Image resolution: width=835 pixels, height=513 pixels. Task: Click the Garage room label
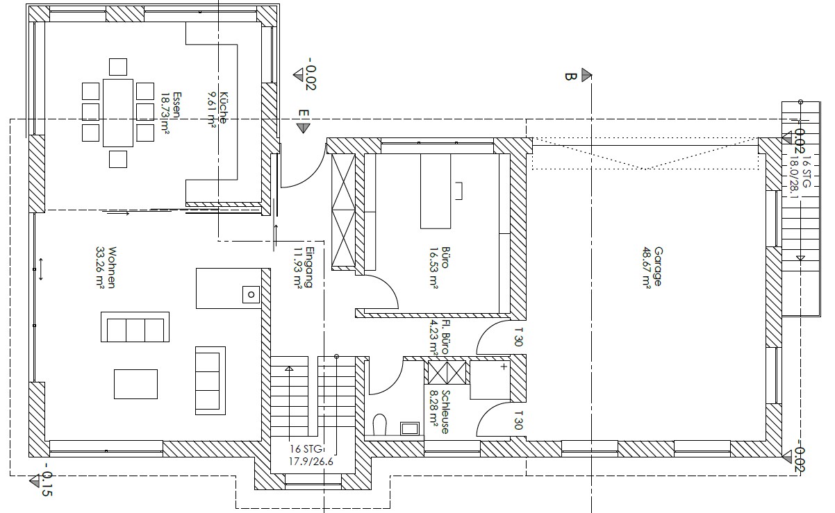click(x=652, y=267)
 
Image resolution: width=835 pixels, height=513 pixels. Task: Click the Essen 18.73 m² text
click(x=170, y=112)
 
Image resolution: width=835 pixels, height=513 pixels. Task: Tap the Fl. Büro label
click(x=440, y=337)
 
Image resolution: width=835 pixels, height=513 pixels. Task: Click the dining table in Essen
click(x=118, y=112)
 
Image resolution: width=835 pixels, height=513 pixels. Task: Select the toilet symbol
click(x=380, y=424)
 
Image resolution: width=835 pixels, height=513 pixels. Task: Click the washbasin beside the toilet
click(x=410, y=429)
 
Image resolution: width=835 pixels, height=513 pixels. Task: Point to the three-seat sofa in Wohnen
click(x=135, y=327)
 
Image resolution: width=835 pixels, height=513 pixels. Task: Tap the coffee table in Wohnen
click(x=135, y=384)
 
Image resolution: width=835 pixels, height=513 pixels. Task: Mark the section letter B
click(x=571, y=77)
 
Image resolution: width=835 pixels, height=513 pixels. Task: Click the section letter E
click(x=304, y=114)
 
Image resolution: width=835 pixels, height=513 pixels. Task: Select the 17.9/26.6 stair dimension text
click(x=311, y=462)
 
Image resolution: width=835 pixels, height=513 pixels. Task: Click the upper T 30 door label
click(x=518, y=337)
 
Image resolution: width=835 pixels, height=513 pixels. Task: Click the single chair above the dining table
click(x=118, y=67)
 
